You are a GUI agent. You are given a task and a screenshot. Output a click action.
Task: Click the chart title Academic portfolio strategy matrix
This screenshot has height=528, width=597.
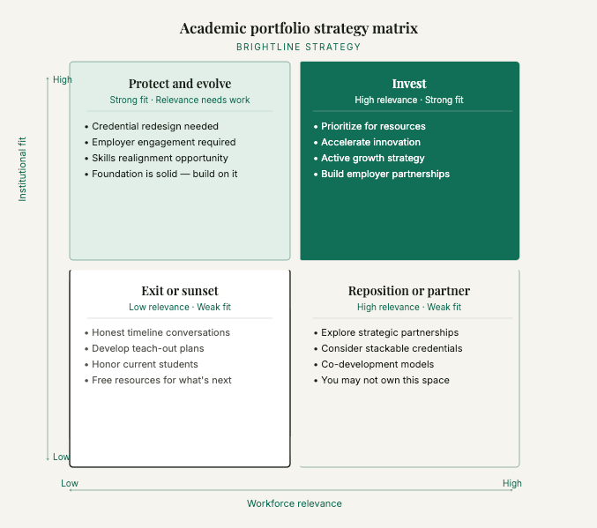click(298, 28)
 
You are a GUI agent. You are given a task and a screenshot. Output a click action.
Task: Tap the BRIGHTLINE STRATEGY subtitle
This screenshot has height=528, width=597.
click(298, 47)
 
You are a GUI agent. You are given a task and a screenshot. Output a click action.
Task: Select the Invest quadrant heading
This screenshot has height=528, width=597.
click(409, 84)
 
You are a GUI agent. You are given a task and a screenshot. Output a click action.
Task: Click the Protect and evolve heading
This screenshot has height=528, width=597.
click(180, 84)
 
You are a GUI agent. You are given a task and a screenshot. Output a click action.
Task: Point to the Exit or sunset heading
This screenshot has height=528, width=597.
click(180, 291)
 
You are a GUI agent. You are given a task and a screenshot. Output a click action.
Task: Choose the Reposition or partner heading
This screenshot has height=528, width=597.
click(409, 291)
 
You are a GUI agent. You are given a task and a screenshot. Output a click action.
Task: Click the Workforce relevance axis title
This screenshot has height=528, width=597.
click(294, 503)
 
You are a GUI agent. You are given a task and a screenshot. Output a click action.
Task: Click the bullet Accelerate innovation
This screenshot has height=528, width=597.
click(370, 142)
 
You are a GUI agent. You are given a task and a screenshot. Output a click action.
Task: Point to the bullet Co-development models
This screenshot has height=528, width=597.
click(377, 364)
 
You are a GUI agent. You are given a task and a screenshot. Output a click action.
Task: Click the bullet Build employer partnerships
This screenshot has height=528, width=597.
click(385, 174)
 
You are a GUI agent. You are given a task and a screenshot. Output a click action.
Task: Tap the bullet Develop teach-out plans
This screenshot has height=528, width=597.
click(148, 348)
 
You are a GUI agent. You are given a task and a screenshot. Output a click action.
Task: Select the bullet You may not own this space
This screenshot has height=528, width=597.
click(385, 380)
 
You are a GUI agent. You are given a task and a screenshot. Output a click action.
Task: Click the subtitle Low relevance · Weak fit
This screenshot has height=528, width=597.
click(180, 307)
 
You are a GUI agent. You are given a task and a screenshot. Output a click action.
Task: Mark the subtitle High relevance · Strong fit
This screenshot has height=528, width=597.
click(409, 100)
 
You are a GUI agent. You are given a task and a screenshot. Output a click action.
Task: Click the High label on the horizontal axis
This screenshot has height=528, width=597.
click(512, 483)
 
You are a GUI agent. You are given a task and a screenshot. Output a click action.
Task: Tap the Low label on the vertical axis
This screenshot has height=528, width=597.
click(61, 457)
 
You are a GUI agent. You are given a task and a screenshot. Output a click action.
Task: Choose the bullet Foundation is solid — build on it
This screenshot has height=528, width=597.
click(165, 174)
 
